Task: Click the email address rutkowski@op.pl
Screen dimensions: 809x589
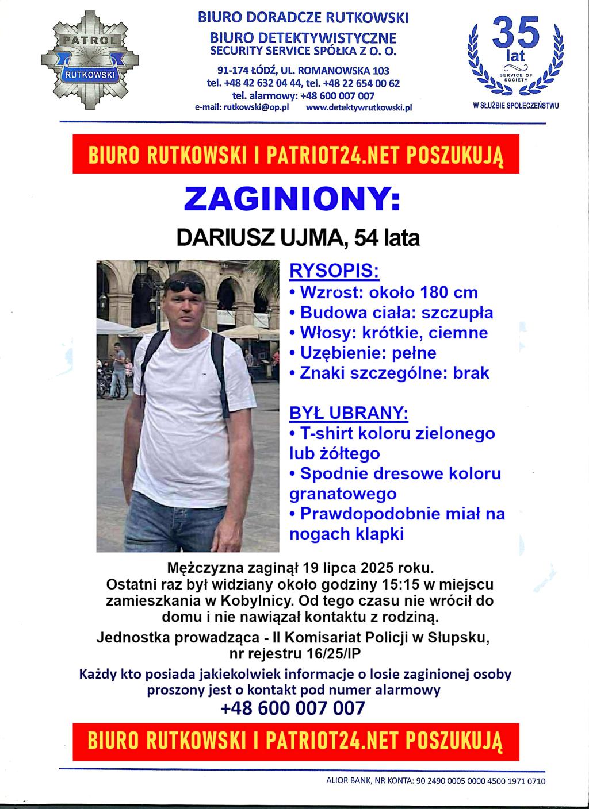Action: pos(250,107)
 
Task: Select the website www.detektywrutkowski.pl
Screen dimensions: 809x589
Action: pos(359,107)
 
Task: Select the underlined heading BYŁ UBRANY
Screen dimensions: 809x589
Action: pos(349,413)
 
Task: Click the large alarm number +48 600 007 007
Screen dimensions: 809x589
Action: pos(293,708)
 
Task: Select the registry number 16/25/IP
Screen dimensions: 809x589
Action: pos(328,653)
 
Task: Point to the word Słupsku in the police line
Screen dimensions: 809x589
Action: pos(458,638)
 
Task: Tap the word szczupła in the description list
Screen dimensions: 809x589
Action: pos(457,313)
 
